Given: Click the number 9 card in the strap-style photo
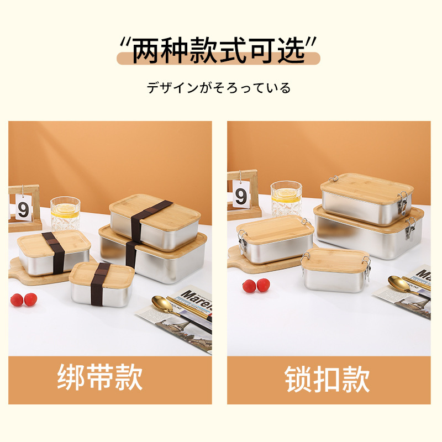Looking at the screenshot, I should pos(23,209).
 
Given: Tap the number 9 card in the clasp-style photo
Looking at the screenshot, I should pos(241,196).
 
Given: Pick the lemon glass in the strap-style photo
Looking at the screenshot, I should pos(66,213).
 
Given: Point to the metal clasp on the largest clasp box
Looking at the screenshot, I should pos(410,228).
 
